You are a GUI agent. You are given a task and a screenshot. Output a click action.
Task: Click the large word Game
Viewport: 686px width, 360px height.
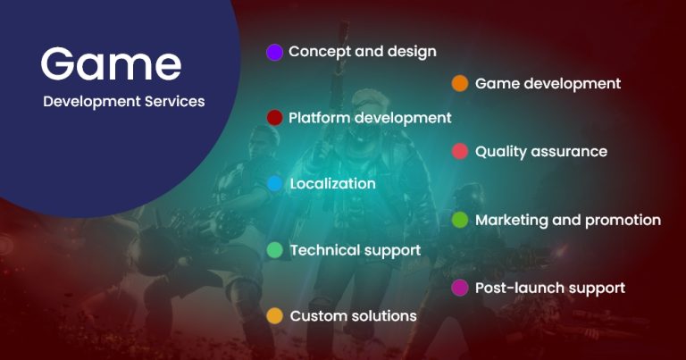[111, 64]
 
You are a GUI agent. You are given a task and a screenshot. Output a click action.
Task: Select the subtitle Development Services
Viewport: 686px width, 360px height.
[123, 102]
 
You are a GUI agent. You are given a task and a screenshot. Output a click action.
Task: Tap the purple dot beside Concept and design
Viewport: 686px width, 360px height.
[275, 52]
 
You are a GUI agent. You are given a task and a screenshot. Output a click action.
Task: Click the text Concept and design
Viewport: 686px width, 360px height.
[362, 52]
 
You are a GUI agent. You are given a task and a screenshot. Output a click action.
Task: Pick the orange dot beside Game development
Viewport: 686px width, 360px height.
[460, 84]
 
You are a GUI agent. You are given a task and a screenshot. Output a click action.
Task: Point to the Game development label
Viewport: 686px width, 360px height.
[548, 84]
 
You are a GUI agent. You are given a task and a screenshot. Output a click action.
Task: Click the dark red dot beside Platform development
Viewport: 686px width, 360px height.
[275, 118]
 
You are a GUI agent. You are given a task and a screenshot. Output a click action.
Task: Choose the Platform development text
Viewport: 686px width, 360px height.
[370, 118]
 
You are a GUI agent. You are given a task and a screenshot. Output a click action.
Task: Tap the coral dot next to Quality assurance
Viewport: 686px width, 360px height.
[460, 152]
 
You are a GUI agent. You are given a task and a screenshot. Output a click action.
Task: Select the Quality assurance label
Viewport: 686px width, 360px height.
[540, 152]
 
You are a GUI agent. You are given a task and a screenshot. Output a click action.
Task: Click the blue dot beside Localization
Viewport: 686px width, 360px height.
[275, 184]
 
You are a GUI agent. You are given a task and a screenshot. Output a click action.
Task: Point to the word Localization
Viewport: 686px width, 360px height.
[332, 184]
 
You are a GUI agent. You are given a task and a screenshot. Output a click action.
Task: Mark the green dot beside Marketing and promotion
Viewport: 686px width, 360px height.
[460, 220]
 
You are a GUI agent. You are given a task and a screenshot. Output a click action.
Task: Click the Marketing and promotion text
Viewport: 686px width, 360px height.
[567, 220]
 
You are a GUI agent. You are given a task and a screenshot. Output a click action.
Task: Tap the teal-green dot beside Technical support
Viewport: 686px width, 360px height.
[275, 250]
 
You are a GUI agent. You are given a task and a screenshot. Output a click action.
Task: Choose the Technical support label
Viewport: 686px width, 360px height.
[355, 250]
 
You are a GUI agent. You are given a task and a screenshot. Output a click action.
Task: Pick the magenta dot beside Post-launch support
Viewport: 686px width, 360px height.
[460, 288]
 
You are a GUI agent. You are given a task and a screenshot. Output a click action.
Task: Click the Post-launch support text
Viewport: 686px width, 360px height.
[549, 288]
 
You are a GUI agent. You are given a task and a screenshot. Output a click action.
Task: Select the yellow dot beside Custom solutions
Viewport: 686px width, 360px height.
[275, 316]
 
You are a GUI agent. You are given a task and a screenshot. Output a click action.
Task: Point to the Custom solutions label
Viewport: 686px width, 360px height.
[353, 316]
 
